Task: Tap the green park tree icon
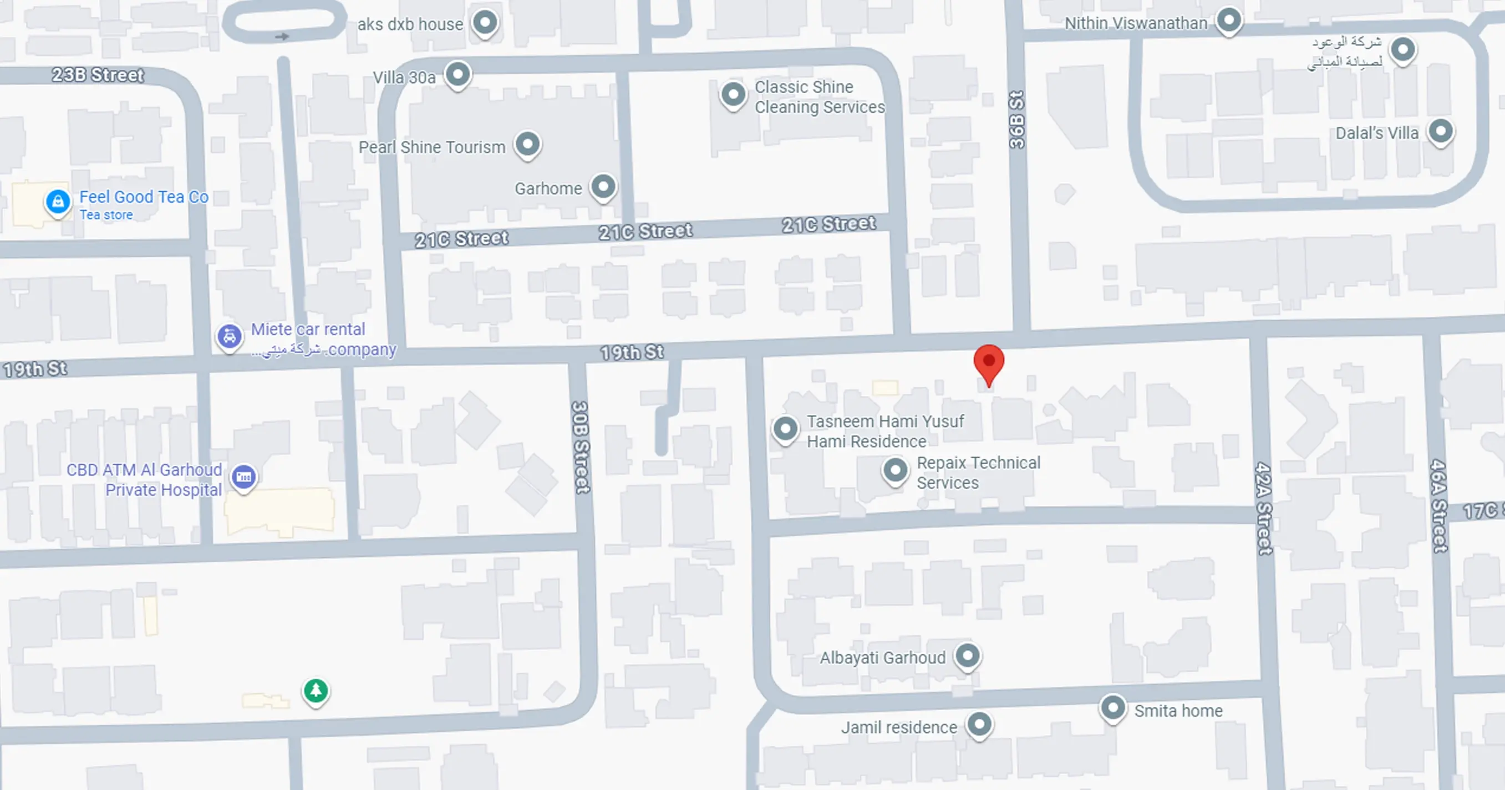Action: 316,691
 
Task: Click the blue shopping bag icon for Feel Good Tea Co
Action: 58,202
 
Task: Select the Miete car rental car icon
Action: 230,337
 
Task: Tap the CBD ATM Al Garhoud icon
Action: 243,477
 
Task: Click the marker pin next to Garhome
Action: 603,187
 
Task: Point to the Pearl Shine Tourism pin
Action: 527,143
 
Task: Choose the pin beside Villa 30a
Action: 458,75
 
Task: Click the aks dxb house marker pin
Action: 485,23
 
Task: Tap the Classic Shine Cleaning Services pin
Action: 733,94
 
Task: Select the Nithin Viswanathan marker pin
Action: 1229,20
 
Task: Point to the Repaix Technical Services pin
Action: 895,469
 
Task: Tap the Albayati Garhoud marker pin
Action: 968,656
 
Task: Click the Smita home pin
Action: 1113,707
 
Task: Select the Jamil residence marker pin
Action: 980,725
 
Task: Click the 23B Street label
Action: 98,75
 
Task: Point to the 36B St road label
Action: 1017,120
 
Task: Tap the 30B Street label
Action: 581,447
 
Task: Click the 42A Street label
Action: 1264,508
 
